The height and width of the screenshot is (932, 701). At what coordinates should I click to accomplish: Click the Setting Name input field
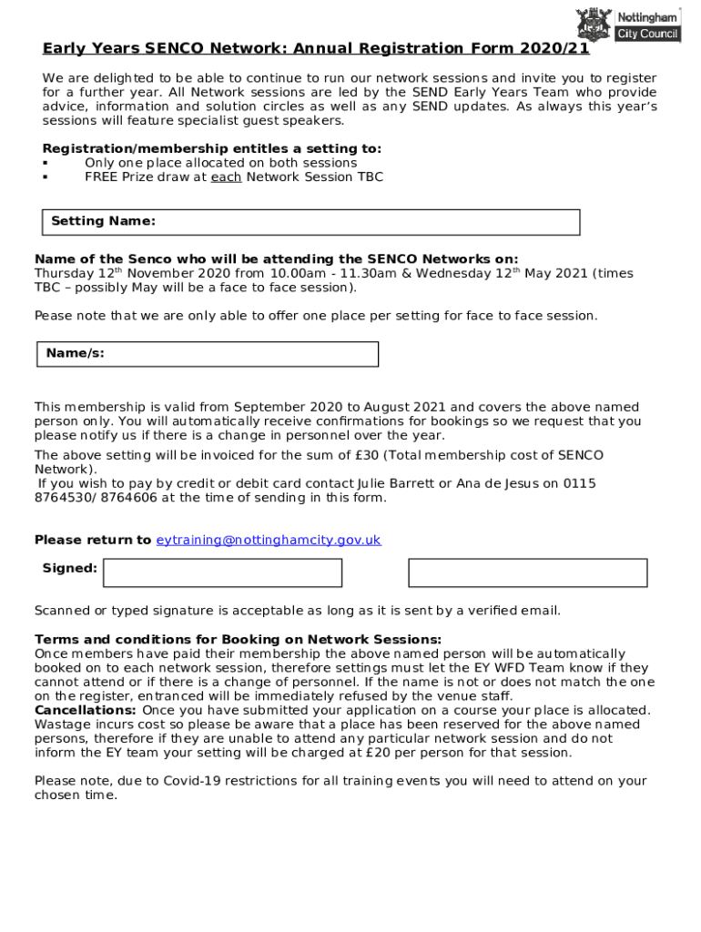[x=364, y=222]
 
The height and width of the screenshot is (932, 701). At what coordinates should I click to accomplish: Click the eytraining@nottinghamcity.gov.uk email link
[x=269, y=540]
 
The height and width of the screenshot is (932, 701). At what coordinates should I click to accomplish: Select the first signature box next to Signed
[x=223, y=572]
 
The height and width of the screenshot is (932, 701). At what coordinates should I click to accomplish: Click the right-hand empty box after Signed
[x=527, y=572]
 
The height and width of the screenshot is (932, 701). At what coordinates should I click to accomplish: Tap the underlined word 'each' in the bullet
[x=226, y=177]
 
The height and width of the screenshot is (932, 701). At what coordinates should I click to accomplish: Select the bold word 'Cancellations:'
[x=86, y=710]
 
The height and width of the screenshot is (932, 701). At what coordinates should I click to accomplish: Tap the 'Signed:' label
[x=70, y=568]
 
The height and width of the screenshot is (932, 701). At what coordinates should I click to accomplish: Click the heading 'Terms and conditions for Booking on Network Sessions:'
[x=238, y=639]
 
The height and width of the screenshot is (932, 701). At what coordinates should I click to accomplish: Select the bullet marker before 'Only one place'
[x=45, y=164]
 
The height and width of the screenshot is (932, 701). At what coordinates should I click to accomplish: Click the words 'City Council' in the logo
[x=648, y=35]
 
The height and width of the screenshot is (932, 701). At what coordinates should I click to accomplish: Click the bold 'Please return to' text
[x=93, y=540]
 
